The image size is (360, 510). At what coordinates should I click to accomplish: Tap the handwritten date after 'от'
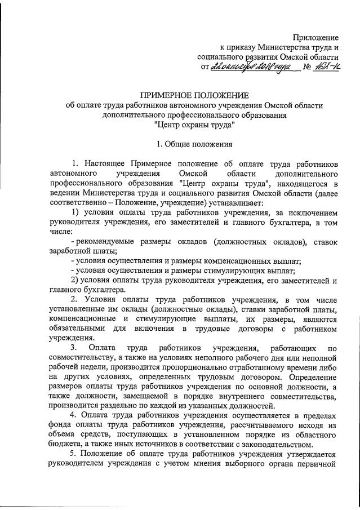pos(254,68)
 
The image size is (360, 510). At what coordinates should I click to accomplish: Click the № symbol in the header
pos(307,69)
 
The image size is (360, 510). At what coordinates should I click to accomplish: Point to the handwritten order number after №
pos(327,68)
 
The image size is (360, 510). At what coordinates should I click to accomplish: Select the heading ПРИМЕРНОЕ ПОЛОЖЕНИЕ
pos(194,95)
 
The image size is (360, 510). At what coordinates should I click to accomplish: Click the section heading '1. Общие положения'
pos(193,144)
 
